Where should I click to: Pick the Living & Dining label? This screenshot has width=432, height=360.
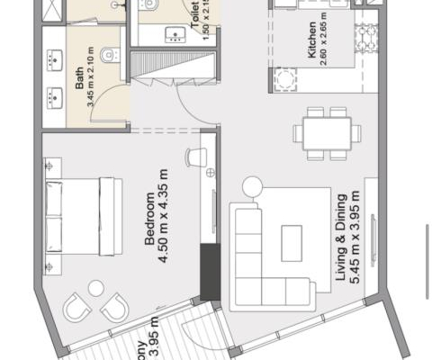[x=342, y=252]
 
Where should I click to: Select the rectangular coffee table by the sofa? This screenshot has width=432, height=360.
[x=292, y=242]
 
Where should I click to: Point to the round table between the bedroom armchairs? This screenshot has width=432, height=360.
[x=95, y=288]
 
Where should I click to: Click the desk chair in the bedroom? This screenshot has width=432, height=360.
[x=193, y=157]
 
